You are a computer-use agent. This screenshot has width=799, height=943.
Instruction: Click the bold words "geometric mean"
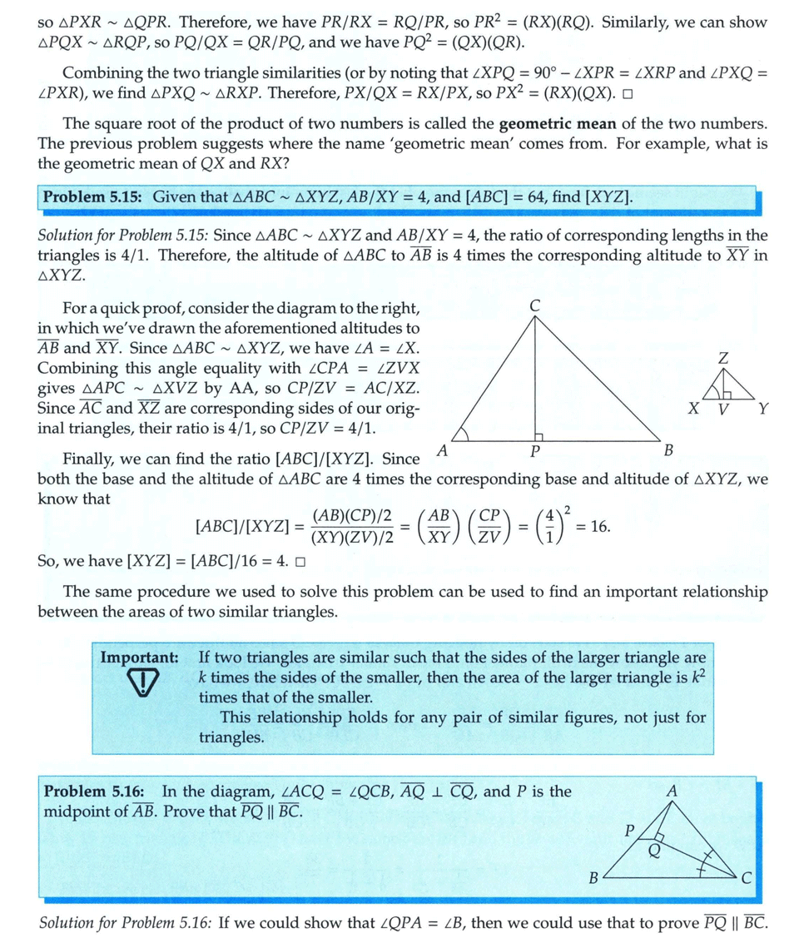click(x=557, y=124)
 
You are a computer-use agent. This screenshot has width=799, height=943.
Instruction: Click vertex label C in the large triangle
click(x=535, y=305)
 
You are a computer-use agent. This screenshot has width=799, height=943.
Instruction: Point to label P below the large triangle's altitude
click(x=535, y=450)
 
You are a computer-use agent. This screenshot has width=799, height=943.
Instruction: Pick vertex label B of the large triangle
click(x=667, y=450)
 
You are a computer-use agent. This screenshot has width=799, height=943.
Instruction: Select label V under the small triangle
click(x=723, y=409)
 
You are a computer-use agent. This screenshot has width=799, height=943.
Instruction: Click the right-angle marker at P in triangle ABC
click(x=539, y=436)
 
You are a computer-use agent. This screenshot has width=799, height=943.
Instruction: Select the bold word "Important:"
click(x=139, y=657)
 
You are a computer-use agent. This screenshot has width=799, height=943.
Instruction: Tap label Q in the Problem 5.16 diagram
click(x=654, y=849)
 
